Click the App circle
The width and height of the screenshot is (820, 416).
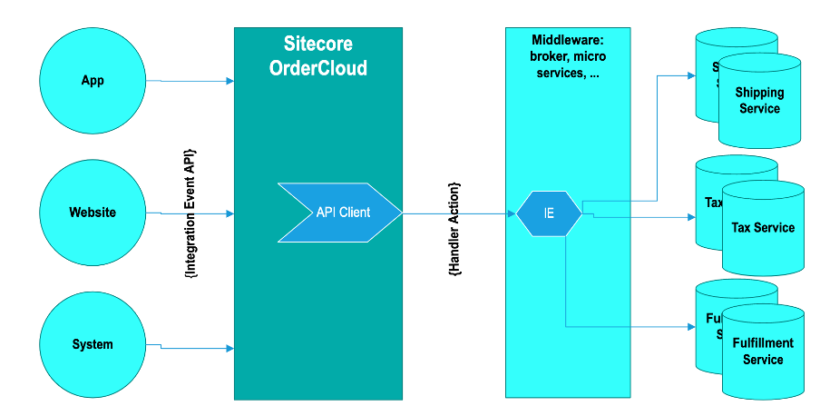click(x=93, y=81)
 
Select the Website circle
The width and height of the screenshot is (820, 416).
click(x=93, y=213)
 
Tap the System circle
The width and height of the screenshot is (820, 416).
click(x=93, y=344)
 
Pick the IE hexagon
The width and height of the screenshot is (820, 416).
click(x=549, y=213)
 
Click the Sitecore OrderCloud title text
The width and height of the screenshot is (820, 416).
click(x=317, y=56)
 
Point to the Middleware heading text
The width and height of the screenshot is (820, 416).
click(x=568, y=56)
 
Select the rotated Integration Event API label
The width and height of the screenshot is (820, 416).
click(x=190, y=213)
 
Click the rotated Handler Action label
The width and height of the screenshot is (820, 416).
click(x=454, y=229)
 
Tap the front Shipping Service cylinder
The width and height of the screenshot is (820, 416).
click(x=760, y=104)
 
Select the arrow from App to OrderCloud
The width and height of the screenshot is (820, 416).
click(x=196, y=82)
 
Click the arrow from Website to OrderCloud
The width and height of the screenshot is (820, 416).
click(x=196, y=214)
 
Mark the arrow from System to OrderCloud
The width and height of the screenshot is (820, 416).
click(x=196, y=348)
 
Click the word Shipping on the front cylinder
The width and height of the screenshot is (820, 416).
click(x=759, y=93)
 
